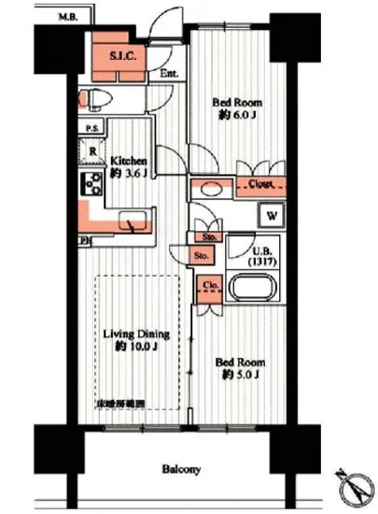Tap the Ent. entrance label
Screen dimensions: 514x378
(168, 74)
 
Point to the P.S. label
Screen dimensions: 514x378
(92, 128)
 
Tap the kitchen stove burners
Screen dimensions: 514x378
(93, 183)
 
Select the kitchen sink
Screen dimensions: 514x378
(133, 222)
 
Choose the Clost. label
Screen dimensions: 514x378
(262, 184)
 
